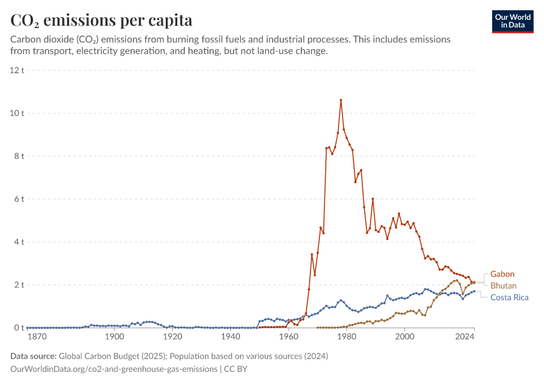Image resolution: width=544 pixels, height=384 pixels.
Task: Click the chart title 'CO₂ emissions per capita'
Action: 101,20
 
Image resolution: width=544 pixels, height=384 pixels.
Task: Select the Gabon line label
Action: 502,274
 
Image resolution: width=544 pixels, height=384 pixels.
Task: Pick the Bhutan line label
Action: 504,285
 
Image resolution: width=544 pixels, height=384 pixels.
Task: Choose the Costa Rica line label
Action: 509,297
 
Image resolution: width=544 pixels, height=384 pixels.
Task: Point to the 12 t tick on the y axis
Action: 17,70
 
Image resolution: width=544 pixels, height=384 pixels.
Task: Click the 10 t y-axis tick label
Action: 17,113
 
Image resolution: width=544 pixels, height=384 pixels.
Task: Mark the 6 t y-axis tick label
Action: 19,199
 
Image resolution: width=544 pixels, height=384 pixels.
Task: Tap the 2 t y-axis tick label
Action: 19,285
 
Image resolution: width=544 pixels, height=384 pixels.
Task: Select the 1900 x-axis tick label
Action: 115,337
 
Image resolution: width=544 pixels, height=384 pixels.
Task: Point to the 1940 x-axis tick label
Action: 230,337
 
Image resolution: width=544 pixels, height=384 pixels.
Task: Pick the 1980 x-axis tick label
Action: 347,337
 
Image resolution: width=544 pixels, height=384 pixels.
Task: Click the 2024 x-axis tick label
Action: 474,337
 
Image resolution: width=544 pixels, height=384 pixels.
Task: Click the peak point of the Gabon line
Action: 341,100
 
